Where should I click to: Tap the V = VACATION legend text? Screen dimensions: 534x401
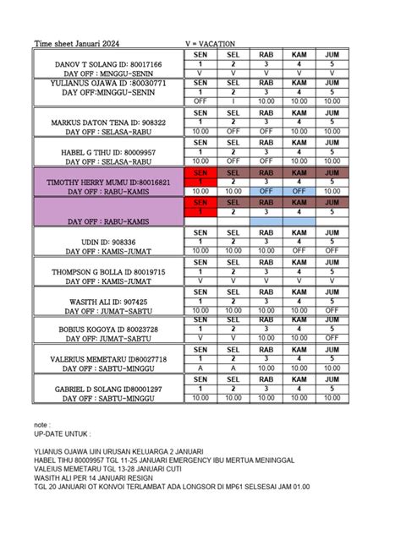point(210,43)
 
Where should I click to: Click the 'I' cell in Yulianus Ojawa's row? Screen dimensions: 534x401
point(233,101)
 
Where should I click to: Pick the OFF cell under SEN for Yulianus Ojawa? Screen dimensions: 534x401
point(200,101)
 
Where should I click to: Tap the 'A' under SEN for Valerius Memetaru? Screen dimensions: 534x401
point(200,368)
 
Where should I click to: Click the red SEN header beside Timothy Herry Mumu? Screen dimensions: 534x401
point(200,172)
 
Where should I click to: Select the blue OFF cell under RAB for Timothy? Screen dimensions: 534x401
point(266,192)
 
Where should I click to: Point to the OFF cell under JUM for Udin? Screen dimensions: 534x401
point(332,250)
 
